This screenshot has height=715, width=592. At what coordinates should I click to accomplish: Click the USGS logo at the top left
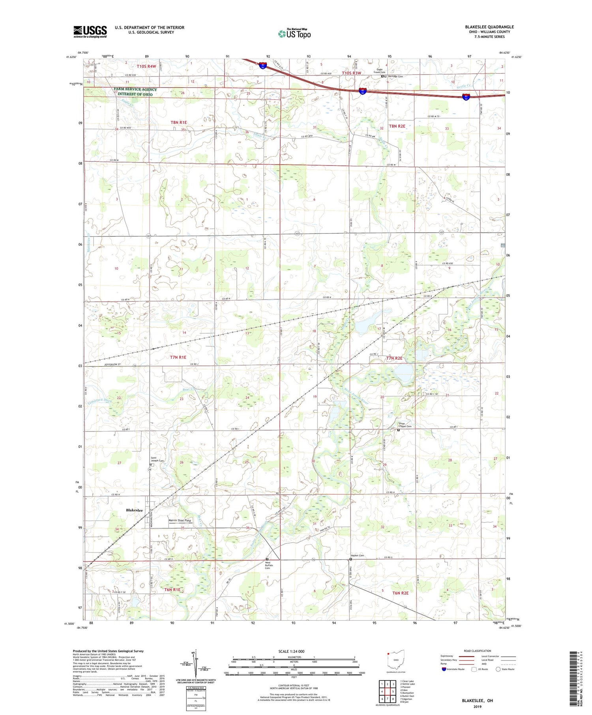point(90,32)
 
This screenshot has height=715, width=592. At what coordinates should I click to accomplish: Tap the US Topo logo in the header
point(294,34)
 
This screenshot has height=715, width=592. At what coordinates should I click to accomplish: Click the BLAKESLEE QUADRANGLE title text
point(489,27)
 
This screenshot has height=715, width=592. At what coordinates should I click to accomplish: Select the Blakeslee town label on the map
point(134,510)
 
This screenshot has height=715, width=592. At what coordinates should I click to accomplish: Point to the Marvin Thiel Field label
point(180,521)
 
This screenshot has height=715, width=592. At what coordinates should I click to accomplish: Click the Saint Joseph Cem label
point(157,460)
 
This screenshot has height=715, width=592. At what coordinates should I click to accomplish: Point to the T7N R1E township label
point(178,357)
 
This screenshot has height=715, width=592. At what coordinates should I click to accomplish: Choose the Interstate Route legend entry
point(454,669)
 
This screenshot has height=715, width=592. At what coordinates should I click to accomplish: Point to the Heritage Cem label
point(395,77)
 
